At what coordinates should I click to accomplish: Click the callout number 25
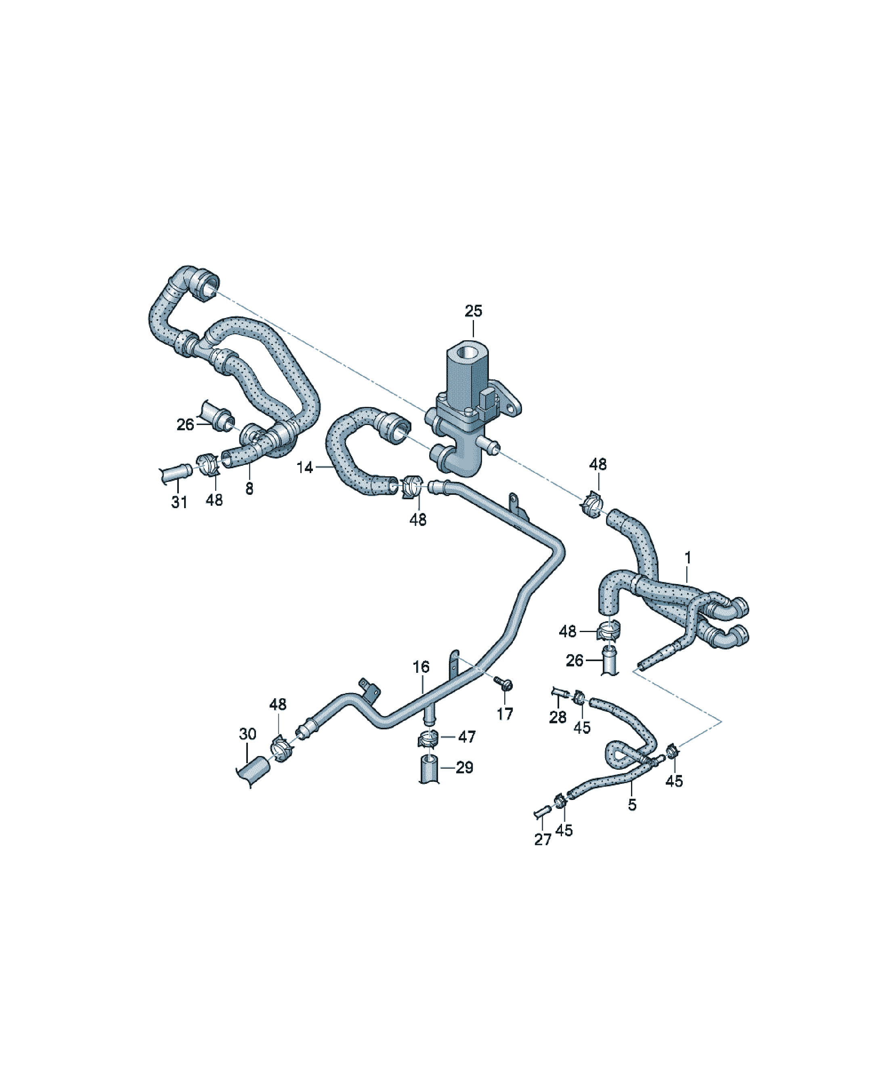(x=473, y=311)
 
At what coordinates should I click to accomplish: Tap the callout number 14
(x=305, y=467)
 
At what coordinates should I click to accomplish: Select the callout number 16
(x=421, y=666)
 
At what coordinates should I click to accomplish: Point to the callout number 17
(x=505, y=714)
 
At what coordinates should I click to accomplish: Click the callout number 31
(x=179, y=503)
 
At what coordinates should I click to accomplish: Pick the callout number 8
(x=249, y=489)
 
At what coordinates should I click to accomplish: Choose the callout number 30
(x=248, y=734)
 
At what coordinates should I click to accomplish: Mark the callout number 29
(x=464, y=767)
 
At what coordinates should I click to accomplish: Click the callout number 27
(x=543, y=840)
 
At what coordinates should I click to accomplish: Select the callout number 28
(x=558, y=717)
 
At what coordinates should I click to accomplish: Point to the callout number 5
(x=632, y=805)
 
